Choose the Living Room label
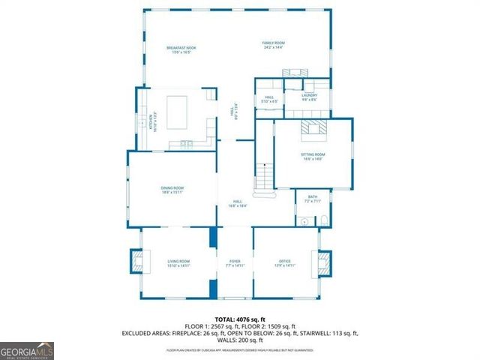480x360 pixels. pos(178,262)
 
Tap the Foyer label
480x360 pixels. pos(235,262)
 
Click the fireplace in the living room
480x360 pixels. pos(137,261)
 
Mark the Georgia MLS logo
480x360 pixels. pos(27,350)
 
